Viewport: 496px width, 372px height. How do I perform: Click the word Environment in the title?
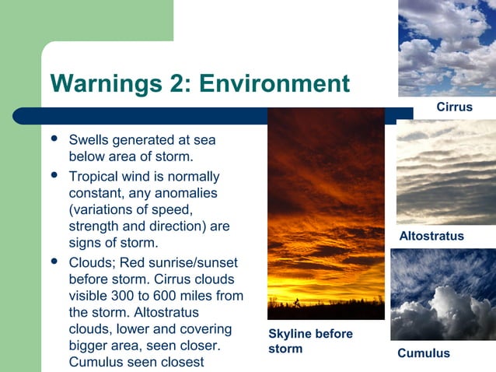point(274,83)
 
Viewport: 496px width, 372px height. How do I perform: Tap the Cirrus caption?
point(454,107)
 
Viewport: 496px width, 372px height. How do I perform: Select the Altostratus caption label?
point(431,236)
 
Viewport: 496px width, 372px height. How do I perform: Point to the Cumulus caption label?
point(424,353)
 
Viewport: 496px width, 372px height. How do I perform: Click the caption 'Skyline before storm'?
point(309,341)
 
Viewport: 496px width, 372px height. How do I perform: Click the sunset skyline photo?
point(326,213)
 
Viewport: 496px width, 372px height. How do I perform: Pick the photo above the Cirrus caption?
point(447,48)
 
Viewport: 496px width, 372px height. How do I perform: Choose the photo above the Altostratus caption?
point(445,172)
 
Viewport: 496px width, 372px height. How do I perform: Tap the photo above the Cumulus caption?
point(442,294)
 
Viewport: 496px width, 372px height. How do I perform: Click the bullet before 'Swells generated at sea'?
point(54,139)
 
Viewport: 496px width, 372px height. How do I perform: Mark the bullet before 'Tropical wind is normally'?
point(54,174)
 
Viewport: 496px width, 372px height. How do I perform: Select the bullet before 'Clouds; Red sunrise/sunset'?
point(54,261)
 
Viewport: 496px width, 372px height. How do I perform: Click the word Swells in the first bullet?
point(88,141)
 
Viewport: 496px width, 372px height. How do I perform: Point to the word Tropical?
point(94,177)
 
